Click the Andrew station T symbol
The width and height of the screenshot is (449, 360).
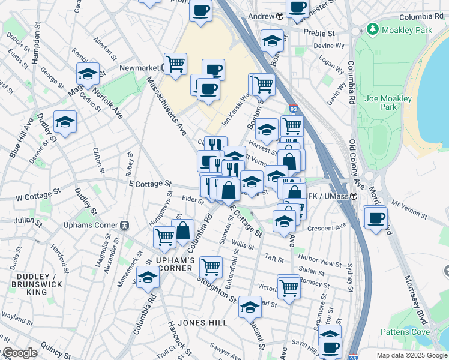(280, 16)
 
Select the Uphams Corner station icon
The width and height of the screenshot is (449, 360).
(125, 226)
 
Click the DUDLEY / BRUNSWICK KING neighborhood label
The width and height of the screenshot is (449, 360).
(29, 284)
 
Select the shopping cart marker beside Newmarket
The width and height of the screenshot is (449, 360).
(175, 63)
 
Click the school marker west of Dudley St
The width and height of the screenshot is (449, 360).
(65, 122)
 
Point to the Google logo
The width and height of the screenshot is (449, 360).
(19, 353)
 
